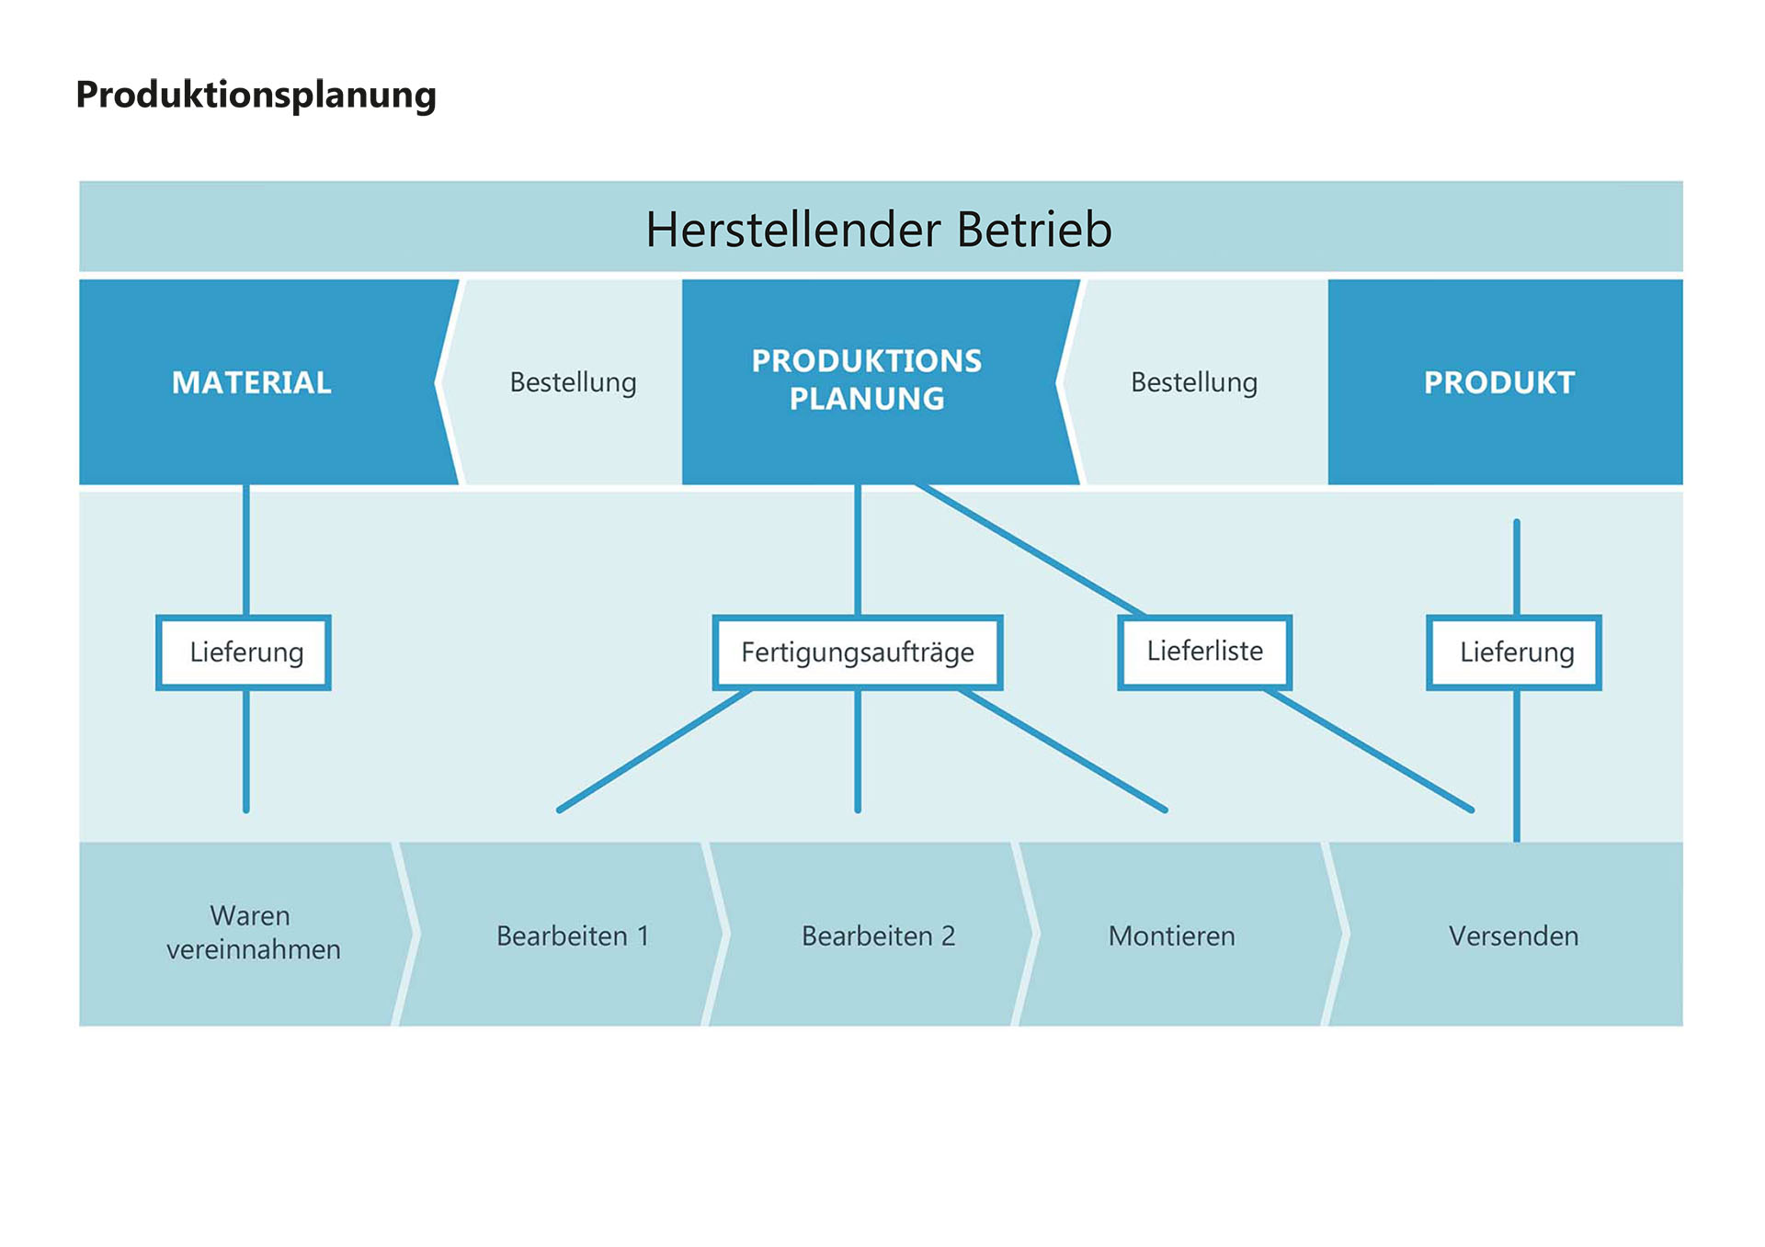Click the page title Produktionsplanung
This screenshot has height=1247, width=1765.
tap(256, 96)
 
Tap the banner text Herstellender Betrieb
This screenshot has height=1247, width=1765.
tap(879, 229)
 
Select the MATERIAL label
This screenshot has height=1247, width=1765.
tap(251, 382)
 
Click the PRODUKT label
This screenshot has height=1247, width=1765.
tap(1499, 382)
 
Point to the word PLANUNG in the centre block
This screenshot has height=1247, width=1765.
tap(867, 399)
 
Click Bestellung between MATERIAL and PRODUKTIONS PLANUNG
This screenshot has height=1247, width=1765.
tap(573, 382)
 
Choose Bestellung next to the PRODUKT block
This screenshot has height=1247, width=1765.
tap(1194, 382)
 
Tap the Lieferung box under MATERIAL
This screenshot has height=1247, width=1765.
tap(244, 652)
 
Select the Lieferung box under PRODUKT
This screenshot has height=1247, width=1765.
tap(1514, 652)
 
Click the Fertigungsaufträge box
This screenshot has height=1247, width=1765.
tap(858, 652)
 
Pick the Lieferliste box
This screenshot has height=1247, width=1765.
tap(1205, 652)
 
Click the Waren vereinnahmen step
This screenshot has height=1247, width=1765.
tap(253, 933)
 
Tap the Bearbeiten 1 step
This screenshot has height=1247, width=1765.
tap(573, 935)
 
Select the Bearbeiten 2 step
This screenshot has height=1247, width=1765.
tap(878, 935)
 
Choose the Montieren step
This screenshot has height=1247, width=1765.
tap(1171, 935)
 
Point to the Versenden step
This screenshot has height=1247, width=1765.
tap(1513, 935)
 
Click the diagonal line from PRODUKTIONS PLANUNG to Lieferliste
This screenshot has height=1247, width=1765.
tap(1031, 550)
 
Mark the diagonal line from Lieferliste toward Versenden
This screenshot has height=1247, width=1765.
tap(1369, 749)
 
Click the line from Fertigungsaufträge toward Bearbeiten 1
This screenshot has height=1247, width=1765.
tap(655, 749)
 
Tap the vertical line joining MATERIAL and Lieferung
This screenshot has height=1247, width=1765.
tap(246, 550)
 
